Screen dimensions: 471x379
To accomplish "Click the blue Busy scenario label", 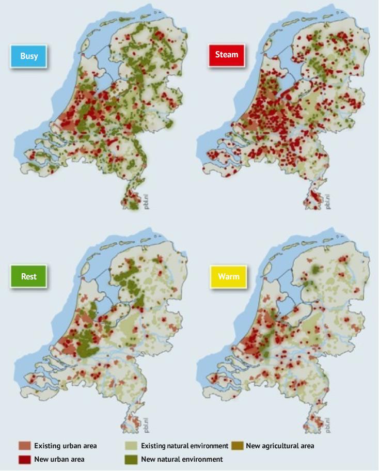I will point(29,56).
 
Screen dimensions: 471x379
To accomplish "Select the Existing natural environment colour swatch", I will point(132,446).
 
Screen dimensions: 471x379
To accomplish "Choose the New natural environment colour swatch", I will point(132,459).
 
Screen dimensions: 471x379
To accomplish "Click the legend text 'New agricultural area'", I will point(280,446).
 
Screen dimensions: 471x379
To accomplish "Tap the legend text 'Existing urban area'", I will point(66,446).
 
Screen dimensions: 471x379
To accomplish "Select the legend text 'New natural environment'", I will point(182,459).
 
